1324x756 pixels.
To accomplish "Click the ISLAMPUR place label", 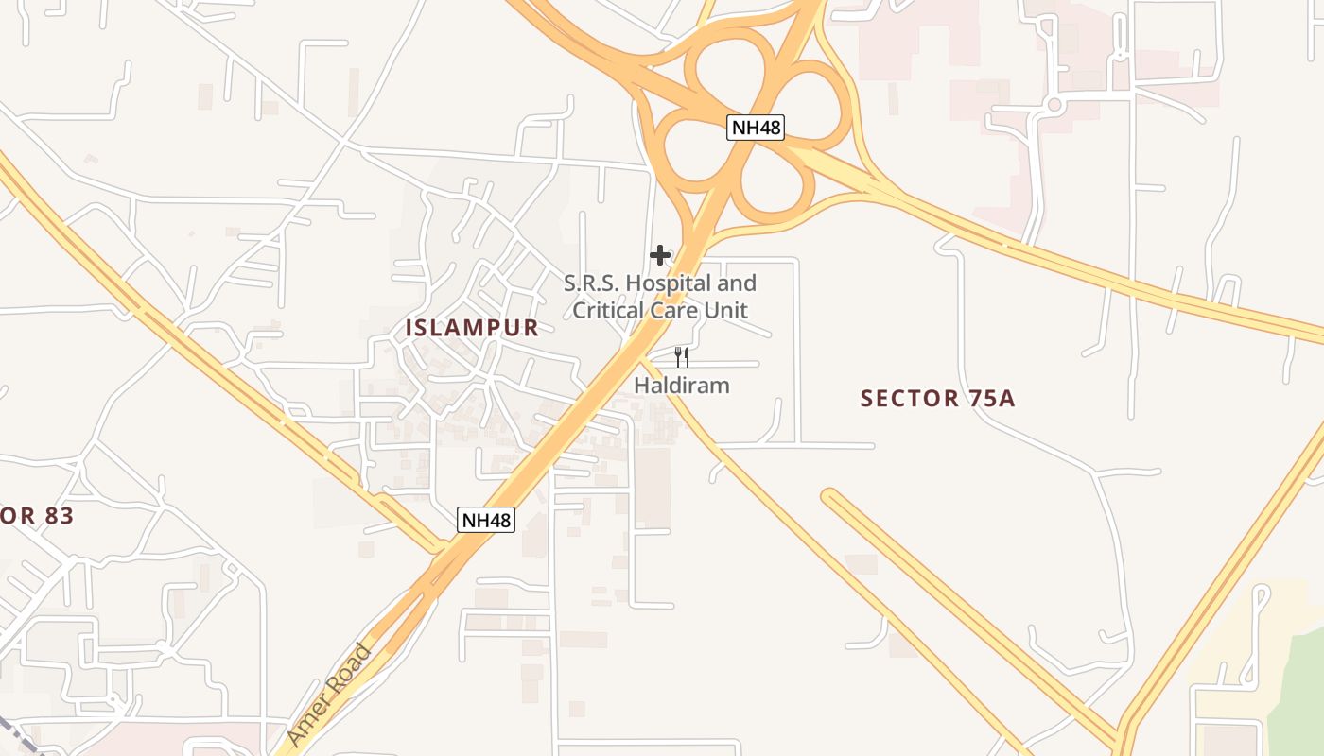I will (x=472, y=328).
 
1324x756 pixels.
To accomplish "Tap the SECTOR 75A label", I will (x=937, y=398).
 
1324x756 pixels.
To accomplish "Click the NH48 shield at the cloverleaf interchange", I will (x=756, y=128).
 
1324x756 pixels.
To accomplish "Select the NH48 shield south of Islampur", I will (x=486, y=519).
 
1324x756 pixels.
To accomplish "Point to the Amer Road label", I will (x=328, y=695).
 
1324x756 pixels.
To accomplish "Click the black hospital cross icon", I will (x=660, y=255).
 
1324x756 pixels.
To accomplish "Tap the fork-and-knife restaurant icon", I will (x=681, y=356).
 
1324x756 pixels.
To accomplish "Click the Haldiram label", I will (x=681, y=386).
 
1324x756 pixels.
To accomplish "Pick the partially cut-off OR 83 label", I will (x=36, y=516).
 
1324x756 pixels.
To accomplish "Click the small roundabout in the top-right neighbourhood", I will (x=1054, y=105).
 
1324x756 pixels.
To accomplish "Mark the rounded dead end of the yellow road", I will (x=829, y=497).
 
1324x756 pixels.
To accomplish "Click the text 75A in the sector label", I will (x=992, y=398).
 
